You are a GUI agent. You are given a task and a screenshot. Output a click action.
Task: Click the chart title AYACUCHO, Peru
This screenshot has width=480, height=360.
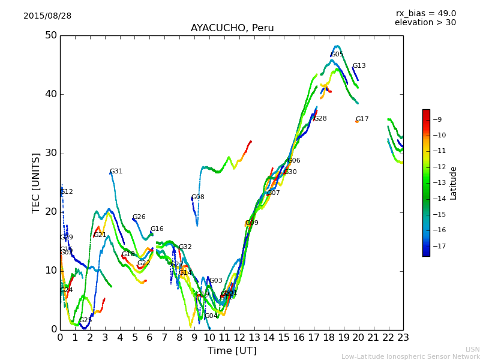click(x=232, y=28)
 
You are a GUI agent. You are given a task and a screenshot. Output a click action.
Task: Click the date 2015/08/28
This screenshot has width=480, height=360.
click(x=47, y=16)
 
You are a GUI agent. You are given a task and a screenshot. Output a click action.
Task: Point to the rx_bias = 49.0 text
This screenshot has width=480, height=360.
click(x=425, y=14)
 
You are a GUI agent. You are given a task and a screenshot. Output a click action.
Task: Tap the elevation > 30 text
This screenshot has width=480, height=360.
click(x=425, y=23)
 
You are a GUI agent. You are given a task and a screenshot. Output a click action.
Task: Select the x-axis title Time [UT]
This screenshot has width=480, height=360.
click(x=232, y=351)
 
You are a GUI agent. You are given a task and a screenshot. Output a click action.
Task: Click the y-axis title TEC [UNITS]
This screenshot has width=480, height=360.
click(x=37, y=183)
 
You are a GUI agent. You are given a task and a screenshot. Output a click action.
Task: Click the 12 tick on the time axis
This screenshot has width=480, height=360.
click(x=239, y=338)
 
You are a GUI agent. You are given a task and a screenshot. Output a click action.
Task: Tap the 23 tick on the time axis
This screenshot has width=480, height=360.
click(x=403, y=338)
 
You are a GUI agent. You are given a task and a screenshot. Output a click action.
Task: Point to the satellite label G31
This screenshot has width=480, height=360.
click(x=116, y=172)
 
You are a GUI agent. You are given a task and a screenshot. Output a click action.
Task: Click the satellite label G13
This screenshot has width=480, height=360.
click(x=359, y=66)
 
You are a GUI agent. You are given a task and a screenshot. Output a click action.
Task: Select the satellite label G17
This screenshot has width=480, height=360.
click(x=362, y=119)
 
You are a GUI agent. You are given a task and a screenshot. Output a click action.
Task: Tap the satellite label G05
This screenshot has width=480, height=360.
click(x=337, y=55)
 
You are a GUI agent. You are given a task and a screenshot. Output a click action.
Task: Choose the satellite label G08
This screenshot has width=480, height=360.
click(x=198, y=197)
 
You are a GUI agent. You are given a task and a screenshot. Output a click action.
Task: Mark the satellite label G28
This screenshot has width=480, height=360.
click(x=320, y=119)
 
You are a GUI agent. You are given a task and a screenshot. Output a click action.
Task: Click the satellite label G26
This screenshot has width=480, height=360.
click(x=139, y=217)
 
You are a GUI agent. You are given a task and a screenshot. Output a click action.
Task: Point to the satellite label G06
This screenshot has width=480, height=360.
click(x=294, y=161)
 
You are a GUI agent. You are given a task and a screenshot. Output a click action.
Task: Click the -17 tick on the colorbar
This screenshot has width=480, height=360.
click(x=437, y=246)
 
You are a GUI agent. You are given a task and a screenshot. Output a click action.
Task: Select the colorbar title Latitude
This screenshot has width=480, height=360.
click(x=454, y=183)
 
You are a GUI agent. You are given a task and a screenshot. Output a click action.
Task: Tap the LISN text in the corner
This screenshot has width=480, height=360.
click(x=473, y=349)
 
